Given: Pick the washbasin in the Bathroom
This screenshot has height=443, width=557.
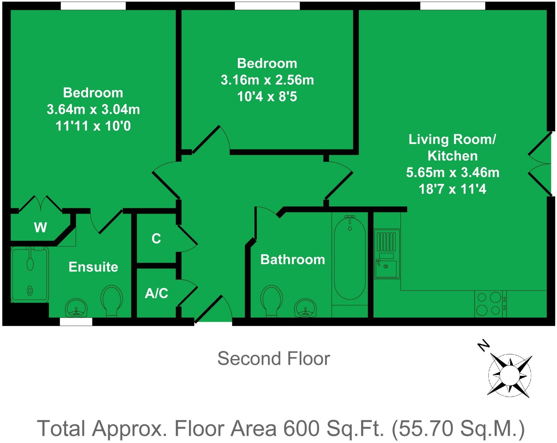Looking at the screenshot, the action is click(305, 308).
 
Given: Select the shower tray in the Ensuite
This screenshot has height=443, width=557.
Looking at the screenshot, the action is click(30, 274).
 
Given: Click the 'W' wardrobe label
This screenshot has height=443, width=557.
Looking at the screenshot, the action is click(40, 228).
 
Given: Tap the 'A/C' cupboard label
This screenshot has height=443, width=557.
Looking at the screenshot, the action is click(156, 293).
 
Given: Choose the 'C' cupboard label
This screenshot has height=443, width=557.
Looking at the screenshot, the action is click(156, 238).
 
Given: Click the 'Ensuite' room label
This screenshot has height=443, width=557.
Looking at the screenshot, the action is click(93, 267).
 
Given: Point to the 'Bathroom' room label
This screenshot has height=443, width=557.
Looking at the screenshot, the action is click(293, 259).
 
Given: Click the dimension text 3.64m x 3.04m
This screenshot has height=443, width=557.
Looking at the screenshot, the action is click(93, 109).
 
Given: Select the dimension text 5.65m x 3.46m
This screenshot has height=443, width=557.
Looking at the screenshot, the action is click(453, 172).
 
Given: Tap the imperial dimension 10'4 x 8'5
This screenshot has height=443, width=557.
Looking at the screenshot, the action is click(267, 96).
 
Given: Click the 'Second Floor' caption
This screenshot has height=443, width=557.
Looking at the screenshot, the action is click(274, 358).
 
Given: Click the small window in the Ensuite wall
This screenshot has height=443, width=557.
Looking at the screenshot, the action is click(76, 321).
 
